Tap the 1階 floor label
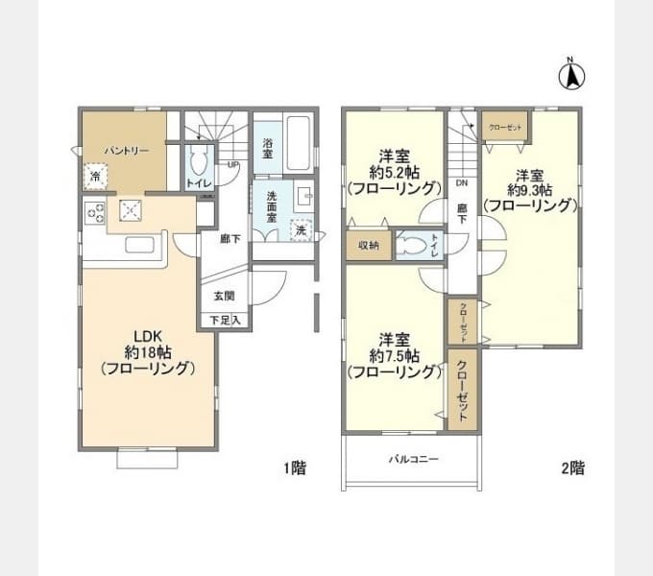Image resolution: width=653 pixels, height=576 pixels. (295, 468)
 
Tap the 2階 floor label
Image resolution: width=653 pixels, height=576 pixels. (572, 468)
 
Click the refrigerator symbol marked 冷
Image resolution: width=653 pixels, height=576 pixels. (95, 176)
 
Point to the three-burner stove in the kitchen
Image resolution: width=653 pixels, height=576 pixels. (95, 213)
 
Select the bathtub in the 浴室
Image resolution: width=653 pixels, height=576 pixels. (297, 143)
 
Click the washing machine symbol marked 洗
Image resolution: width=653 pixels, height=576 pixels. (302, 230)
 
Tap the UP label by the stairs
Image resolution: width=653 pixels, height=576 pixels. (232, 164)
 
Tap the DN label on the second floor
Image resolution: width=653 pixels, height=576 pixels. (461, 182)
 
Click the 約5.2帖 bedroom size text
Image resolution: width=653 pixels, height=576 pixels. (394, 172)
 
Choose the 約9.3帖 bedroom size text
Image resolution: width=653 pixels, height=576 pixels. (530, 189)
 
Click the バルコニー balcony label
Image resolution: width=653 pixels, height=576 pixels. (414, 459)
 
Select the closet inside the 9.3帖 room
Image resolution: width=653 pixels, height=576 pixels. (503, 127)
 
